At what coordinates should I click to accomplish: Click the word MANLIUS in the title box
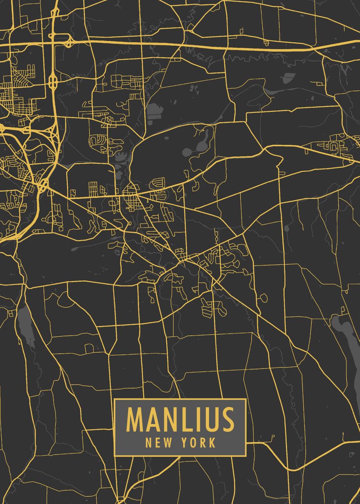coord(180,420)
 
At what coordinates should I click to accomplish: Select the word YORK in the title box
coord(199,442)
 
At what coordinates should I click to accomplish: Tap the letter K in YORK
coord(212,442)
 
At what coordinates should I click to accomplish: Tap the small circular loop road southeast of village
coord(263,298)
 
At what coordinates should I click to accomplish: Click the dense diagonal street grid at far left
coord(15,92)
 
